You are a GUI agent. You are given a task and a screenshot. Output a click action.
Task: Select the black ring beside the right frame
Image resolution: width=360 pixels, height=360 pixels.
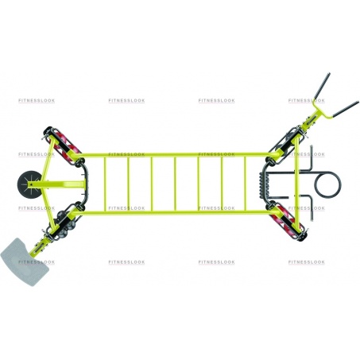(x=327, y=184)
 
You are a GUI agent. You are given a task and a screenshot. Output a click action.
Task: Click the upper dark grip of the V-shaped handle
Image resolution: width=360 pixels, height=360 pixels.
(x=323, y=86)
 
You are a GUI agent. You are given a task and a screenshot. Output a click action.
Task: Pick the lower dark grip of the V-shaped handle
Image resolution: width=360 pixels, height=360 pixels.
(x=346, y=109)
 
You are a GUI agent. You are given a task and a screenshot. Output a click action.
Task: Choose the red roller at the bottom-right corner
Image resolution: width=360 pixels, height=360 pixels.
(x=288, y=222)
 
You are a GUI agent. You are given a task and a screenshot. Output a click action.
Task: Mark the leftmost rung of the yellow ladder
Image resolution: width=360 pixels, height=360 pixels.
(x=105, y=184)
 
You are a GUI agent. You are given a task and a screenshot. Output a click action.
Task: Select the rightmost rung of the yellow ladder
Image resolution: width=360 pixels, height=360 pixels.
(x=246, y=184)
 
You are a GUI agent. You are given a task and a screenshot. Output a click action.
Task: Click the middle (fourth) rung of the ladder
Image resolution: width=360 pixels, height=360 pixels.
(x=175, y=184)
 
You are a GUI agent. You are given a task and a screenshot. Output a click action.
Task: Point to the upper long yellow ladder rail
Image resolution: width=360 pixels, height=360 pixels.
(x=175, y=155)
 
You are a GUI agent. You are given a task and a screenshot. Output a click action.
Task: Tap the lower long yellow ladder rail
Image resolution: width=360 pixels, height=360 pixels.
(x=175, y=212)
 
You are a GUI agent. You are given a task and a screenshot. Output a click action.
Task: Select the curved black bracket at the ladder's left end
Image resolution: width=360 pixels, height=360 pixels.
(x=84, y=184)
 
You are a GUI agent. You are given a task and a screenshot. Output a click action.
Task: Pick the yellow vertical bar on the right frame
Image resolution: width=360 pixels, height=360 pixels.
(x=296, y=184)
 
